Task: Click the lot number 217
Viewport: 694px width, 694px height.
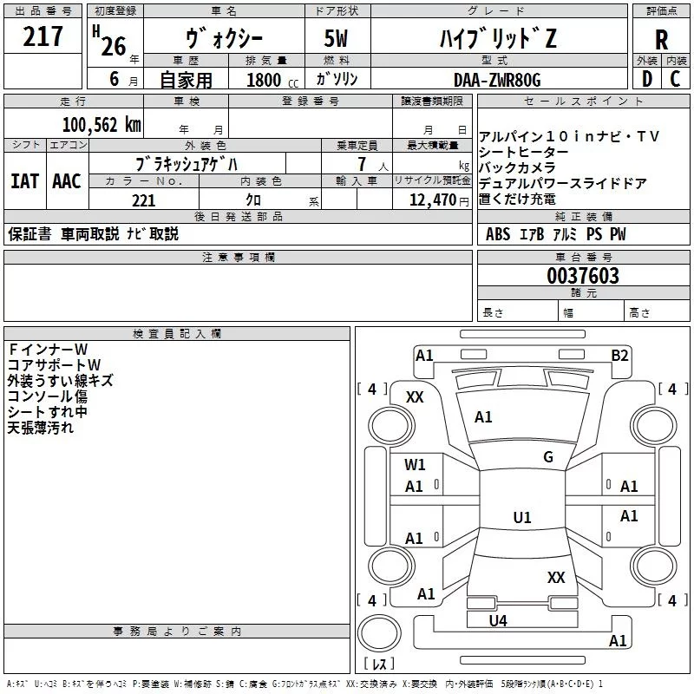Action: (44, 36)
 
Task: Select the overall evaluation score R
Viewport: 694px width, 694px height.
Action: (661, 39)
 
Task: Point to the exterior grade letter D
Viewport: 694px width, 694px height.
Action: (646, 78)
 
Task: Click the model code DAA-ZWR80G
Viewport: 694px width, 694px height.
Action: (496, 79)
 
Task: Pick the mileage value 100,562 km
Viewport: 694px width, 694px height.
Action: (101, 124)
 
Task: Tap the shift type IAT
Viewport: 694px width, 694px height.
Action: (24, 180)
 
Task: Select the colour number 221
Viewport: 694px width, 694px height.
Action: (143, 200)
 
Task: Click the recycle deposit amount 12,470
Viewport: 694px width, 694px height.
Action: (430, 200)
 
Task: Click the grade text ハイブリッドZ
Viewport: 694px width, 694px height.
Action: (496, 38)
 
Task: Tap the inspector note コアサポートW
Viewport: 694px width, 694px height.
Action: (54, 364)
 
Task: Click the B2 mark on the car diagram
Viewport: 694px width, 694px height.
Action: (619, 355)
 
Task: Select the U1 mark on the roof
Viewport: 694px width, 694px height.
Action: (521, 518)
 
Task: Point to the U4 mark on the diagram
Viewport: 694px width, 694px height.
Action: (498, 620)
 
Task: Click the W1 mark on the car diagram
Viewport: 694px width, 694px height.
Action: (415, 465)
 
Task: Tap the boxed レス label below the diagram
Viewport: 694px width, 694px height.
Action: (378, 664)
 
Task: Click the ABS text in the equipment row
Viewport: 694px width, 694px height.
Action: (498, 234)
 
